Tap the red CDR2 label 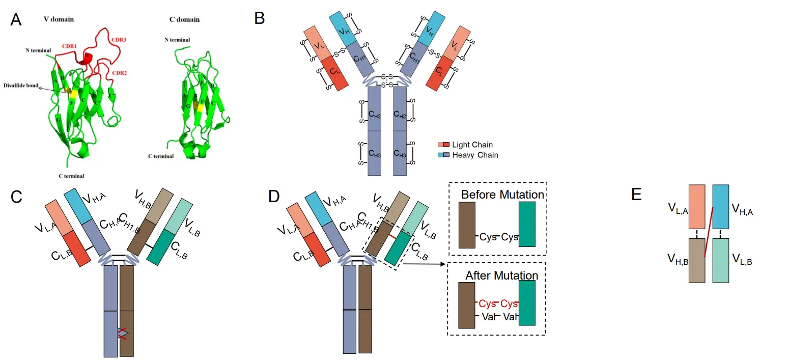[119, 73]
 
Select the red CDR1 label [69, 45]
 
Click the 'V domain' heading [59, 19]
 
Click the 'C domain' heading [184, 19]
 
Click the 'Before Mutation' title [502, 195]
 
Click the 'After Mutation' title [501, 275]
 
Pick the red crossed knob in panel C [123, 333]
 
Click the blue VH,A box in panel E [720, 206]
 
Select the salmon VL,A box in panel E [696, 206]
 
